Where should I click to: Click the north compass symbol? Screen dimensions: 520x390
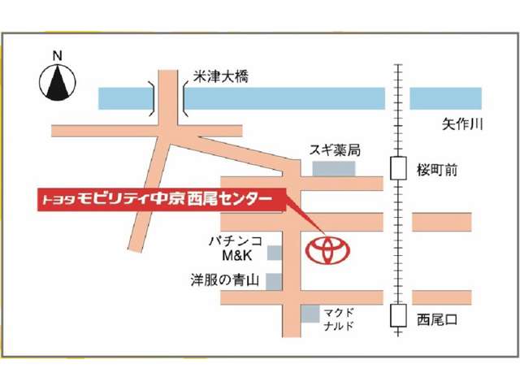pos(58,83)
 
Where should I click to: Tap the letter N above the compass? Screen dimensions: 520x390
pos(57,55)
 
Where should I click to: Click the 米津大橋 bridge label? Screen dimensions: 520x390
pos(220,77)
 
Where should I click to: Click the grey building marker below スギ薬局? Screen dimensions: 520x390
pos(334,168)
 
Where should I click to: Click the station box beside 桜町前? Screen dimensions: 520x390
pos(398,168)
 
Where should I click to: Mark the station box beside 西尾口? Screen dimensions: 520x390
pos(398,316)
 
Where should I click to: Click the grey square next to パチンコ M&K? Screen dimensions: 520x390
pos(275,253)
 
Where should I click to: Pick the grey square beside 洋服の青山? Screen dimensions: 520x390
pos(275,281)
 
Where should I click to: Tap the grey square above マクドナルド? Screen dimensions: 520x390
pos(310,313)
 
